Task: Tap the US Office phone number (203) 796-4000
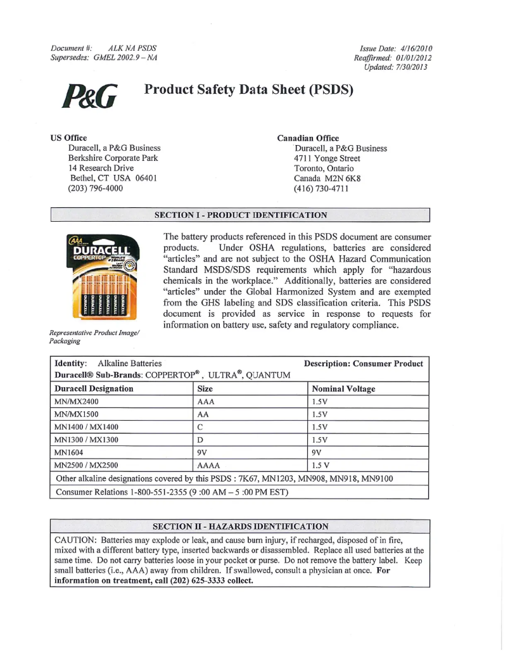tap(96, 188)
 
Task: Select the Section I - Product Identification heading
tap(241, 215)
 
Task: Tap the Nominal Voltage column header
tap(343, 388)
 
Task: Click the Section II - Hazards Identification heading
tap(241, 526)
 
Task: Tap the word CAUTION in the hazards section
tap(75, 540)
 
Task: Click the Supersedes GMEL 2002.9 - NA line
tap(104, 58)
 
